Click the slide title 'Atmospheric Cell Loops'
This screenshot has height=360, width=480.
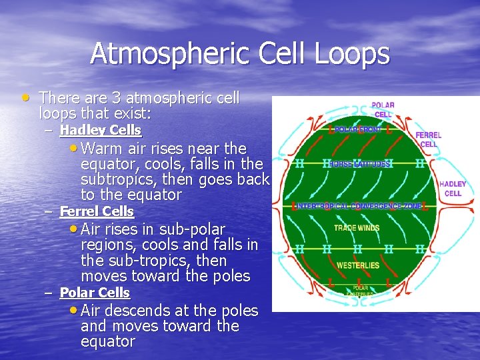pos(239,54)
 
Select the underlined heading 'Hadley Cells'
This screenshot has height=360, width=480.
pos(100,130)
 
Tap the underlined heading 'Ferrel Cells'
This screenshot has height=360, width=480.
pos(97,212)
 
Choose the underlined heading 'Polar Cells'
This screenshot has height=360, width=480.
pos(95,293)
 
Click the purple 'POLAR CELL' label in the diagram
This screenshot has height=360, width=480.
pos(383,110)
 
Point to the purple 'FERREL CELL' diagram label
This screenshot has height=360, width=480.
pos(428,139)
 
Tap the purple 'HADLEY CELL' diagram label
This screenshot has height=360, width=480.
pos(453,189)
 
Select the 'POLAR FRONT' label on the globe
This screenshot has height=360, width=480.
pos(357,130)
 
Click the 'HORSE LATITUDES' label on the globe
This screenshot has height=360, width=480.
pos(360,163)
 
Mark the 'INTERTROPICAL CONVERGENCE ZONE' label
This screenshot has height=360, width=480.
pos(359,207)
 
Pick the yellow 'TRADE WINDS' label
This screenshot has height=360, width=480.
pos(357,228)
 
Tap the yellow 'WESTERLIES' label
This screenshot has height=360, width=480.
pos(358,265)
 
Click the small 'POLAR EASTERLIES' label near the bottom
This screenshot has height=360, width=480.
pos(359,291)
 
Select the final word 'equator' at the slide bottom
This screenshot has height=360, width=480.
pos(107,342)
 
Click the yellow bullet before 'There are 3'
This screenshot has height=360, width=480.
pos(25,97)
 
